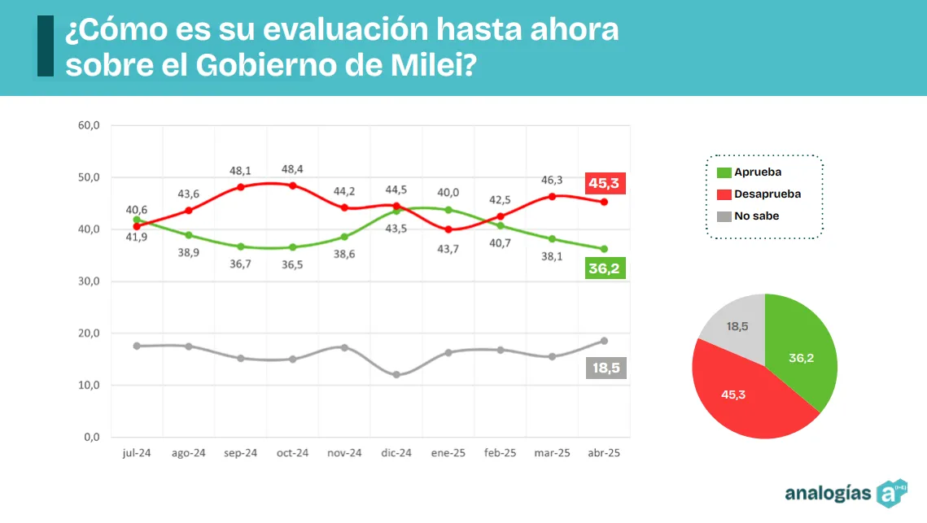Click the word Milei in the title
tap(426, 65)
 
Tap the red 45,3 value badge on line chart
tap(605, 184)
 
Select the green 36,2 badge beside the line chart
tap(605, 268)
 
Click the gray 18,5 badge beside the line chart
tap(605, 368)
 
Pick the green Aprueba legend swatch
tap(723, 172)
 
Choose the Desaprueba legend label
tap(767, 194)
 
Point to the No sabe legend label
tap(756, 216)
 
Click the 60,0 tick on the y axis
tap(89, 125)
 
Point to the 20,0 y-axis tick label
tap(89, 333)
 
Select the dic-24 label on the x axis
tap(396, 453)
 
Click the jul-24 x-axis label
tap(136, 453)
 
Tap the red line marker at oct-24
tap(292, 185)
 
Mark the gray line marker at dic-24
tap(396, 375)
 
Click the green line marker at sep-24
tap(240, 246)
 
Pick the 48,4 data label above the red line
tap(292, 168)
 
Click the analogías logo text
tap(827, 493)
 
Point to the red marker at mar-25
tap(552, 196)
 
